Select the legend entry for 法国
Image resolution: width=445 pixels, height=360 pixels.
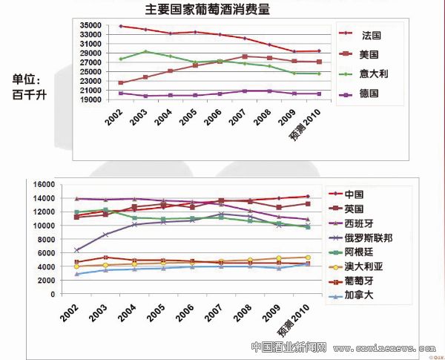[x=372, y=34]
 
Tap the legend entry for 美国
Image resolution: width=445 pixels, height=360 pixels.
[x=372, y=54]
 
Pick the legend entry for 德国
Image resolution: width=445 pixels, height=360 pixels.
[x=372, y=94]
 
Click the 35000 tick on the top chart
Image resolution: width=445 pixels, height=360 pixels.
[x=90, y=25]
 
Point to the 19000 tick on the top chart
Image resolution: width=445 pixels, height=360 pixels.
[x=90, y=99]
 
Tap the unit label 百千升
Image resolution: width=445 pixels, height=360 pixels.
[x=29, y=94]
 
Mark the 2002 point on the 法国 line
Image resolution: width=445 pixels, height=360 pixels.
[x=121, y=26]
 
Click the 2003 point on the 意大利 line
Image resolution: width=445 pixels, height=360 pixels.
[x=145, y=51]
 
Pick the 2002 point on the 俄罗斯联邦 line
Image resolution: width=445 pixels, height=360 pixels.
[x=77, y=250]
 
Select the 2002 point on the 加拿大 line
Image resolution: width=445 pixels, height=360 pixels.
[x=77, y=274]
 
